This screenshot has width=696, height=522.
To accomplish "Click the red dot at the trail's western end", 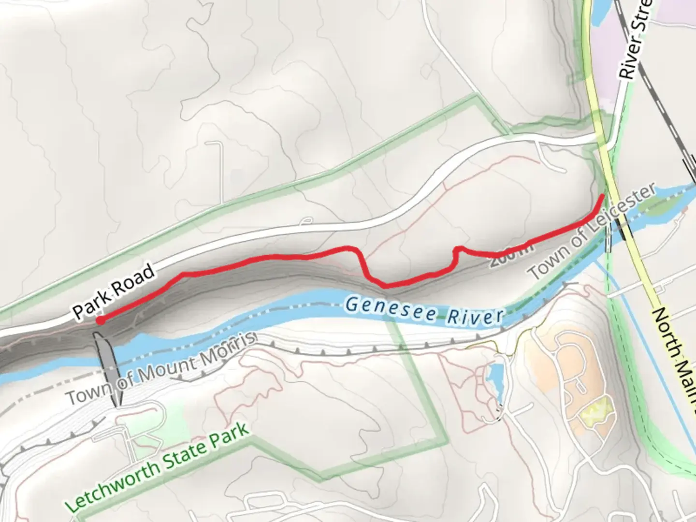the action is (x=100, y=320).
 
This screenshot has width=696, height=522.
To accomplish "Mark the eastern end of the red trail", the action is (x=602, y=196).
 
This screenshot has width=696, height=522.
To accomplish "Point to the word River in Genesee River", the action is (x=475, y=316).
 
